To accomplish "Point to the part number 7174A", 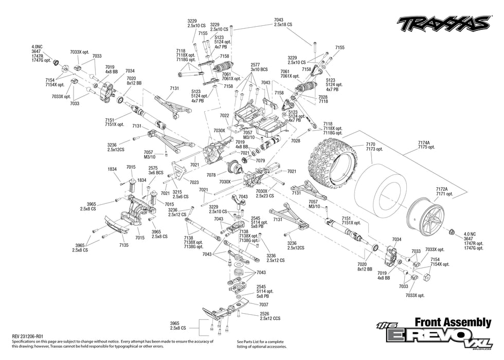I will [x=425, y=142].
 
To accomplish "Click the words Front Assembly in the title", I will [x=453, y=322].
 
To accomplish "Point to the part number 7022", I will [x=225, y=116].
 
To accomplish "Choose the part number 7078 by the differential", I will [x=225, y=175].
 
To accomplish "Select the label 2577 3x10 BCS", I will [x=259, y=66].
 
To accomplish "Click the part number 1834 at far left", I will [x=112, y=169].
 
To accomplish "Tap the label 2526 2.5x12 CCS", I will [x=269, y=316].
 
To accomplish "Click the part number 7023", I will [x=194, y=182].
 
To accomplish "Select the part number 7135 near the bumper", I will [x=124, y=245].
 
